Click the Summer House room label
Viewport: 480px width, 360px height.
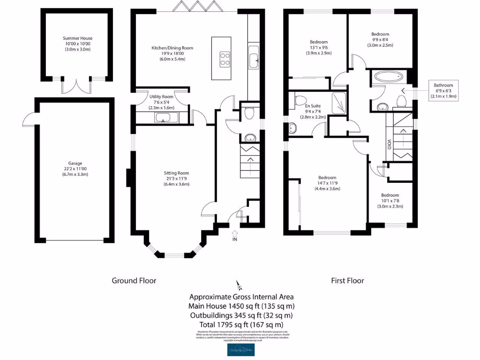(x=78, y=38)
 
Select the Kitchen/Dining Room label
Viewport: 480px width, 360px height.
(x=172, y=48)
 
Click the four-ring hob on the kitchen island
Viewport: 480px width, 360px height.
(x=225, y=59)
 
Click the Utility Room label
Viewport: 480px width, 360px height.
(x=161, y=96)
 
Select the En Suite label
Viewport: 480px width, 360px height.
(x=312, y=106)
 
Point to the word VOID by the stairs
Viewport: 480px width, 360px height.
(x=389, y=144)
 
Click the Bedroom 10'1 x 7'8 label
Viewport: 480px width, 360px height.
(x=390, y=195)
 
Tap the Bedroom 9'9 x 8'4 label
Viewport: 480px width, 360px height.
(x=380, y=34)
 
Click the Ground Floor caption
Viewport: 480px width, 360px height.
(x=134, y=280)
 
